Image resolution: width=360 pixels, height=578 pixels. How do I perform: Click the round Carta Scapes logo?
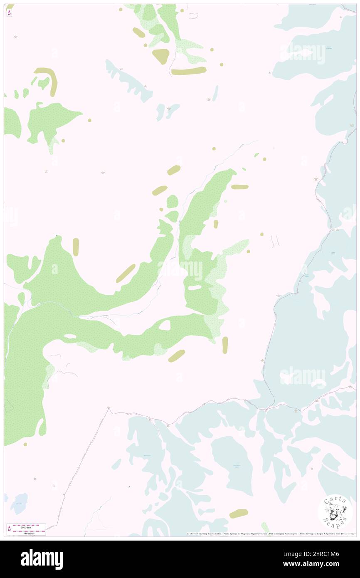tap(335, 511)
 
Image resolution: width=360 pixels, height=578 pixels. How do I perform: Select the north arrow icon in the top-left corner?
tap(9, 13)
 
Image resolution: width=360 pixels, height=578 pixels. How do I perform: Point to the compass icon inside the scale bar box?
tap(9, 529)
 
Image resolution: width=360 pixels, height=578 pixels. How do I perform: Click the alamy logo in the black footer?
tap(42, 559)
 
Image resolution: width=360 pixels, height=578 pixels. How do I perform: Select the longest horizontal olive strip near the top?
tap(189, 71)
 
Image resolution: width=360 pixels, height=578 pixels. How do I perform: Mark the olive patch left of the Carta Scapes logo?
tap(239, 513)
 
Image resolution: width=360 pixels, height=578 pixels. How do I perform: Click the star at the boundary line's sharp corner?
tap(109, 408)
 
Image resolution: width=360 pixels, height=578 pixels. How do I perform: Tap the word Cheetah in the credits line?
tap(196, 534)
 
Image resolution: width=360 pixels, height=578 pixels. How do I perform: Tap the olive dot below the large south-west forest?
tap(25, 444)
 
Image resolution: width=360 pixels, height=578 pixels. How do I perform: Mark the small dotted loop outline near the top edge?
tap(193, 15)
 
